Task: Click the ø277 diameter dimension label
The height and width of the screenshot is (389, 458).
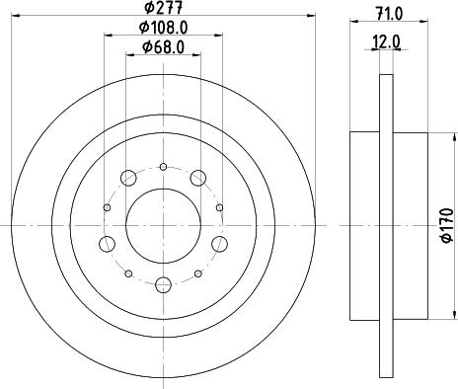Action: (x=164, y=7)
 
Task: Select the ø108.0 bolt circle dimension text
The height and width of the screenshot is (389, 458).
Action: (x=163, y=28)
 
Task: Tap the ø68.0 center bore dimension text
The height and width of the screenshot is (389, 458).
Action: (x=163, y=47)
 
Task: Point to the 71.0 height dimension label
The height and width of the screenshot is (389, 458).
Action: (x=390, y=14)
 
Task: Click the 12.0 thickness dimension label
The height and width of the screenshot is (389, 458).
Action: (x=386, y=42)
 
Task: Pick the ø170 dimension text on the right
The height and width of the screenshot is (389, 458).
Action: (x=447, y=225)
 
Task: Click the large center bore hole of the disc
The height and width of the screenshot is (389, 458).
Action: (x=163, y=226)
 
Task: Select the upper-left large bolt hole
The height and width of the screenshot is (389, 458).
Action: (x=128, y=178)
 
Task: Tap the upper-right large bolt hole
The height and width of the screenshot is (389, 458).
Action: (x=198, y=178)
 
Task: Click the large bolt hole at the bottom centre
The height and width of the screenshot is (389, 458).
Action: (x=164, y=285)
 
